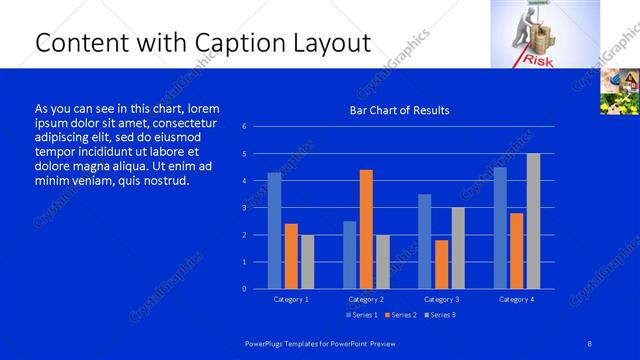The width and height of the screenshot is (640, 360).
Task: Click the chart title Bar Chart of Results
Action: (x=398, y=110)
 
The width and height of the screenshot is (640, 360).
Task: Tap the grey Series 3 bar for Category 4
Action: (x=533, y=221)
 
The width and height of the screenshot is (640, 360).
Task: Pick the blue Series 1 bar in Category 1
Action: (x=274, y=231)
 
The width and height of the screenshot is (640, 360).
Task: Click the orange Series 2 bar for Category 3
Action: (x=441, y=264)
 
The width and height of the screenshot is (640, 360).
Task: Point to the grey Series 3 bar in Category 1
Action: (x=307, y=261)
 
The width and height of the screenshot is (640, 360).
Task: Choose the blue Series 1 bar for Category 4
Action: (x=500, y=228)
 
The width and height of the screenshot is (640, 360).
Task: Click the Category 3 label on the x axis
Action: (x=441, y=299)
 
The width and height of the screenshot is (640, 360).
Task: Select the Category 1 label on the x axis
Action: (x=291, y=299)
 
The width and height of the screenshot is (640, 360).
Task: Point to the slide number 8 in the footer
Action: (x=589, y=344)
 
